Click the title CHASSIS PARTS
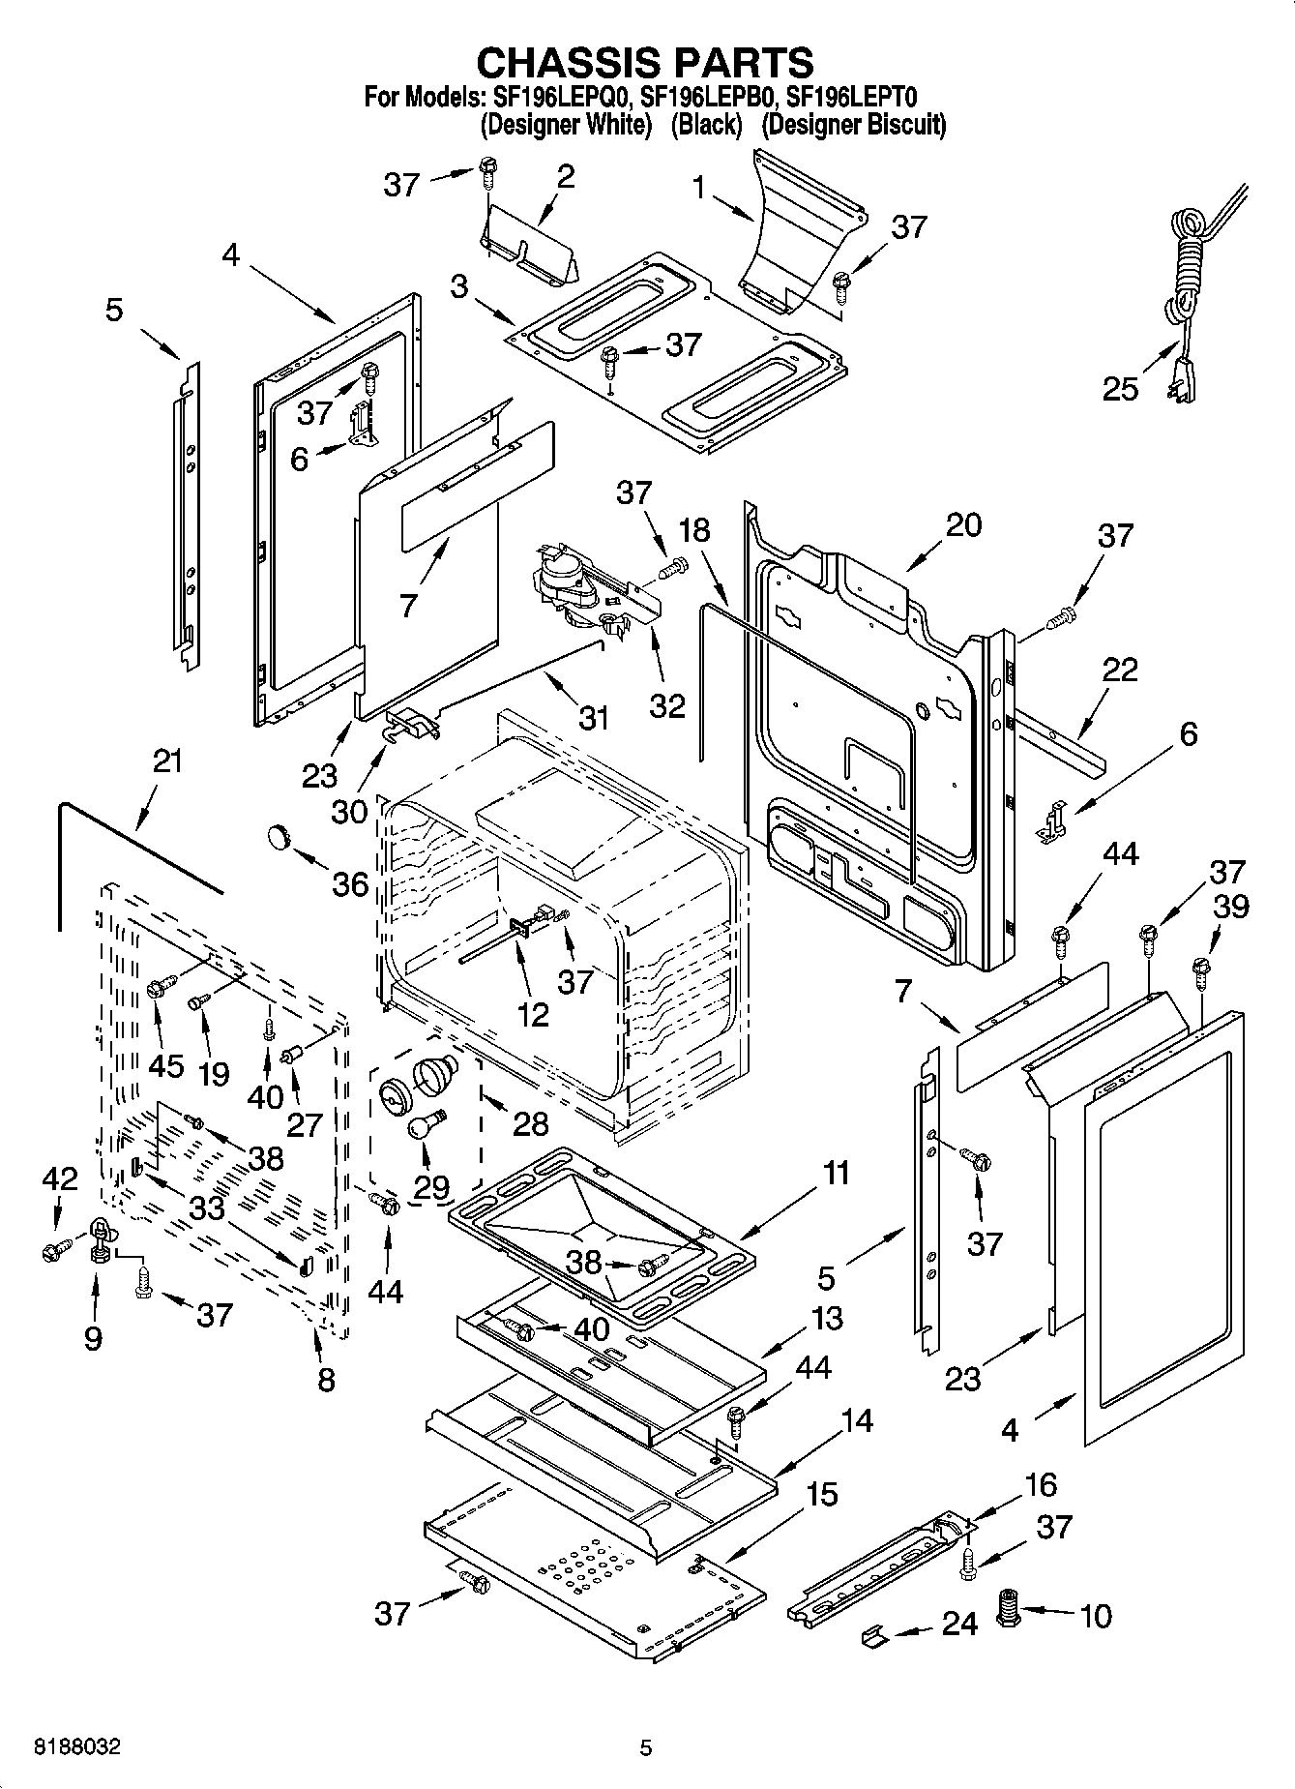(x=645, y=63)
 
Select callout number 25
(x=1121, y=389)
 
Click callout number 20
(x=962, y=525)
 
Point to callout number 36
(x=350, y=883)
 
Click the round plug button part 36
(x=280, y=836)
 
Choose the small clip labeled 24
(x=873, y=1636)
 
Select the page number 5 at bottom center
(x=646, y=1747)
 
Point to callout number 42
(x=59, y=1178)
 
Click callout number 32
(x=667, y=704)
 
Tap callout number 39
(x=1230, y=907)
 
